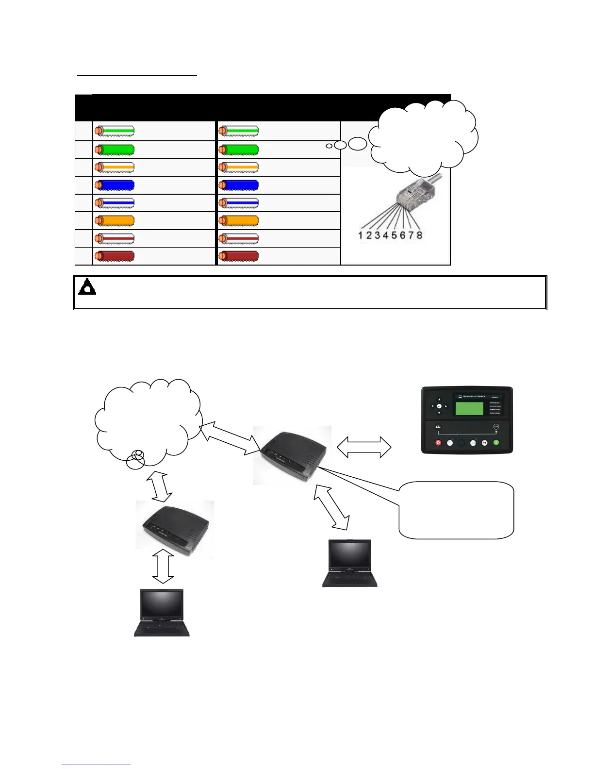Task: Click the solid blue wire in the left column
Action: click(115, 185)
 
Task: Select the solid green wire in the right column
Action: click(239, 150)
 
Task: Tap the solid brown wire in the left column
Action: click(115, 256)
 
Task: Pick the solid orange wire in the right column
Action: click(239, 220)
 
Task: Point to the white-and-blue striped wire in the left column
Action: click(115, 203)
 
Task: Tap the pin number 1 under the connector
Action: click(361, 235)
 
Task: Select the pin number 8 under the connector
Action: click(419, 235)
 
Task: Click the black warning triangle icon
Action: click(87, 287)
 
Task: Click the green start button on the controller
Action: click(496, 442)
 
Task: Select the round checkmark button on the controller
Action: click(439, 406)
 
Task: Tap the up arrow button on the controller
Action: click(439, 399)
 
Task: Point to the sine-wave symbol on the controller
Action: click(496, 427)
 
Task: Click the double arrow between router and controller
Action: click(363, 447)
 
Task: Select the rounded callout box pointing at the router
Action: click(456, 510)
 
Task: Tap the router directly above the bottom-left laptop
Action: click(175, 529)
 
